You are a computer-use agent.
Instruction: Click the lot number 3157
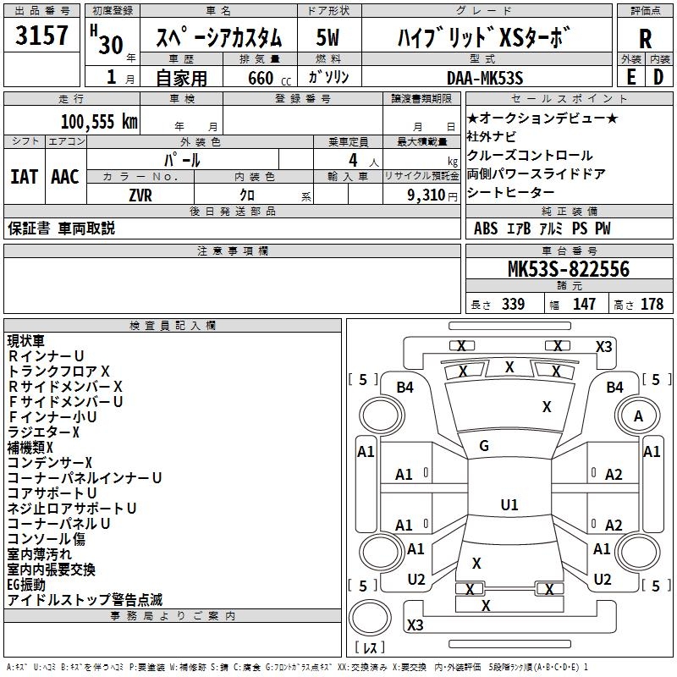(x=43, y=37)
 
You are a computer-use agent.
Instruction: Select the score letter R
(x=645, y=38)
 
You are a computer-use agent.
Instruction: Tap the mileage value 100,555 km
(x=99, y=122)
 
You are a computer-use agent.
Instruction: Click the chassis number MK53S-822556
(x=568, y=270)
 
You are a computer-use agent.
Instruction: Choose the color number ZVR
(x=140, y=195)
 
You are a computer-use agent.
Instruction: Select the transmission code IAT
(x=24, y=177)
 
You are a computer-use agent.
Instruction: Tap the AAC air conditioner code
(x=64, y=177)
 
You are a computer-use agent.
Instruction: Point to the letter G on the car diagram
(x=484, y=446)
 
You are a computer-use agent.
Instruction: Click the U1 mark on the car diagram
(x=509, y=505)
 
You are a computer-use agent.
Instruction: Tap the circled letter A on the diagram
(x=638, y=416)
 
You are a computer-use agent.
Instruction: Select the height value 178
(x=652, y=305)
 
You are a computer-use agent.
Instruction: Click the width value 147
(x=584, y=305)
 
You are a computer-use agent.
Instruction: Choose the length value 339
(x=512, y=305)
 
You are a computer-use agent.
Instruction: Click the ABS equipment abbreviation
(x=486, y=228)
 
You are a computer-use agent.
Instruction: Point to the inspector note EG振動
(x=26, y=585)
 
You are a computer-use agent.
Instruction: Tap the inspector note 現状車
(x=27, y=341)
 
